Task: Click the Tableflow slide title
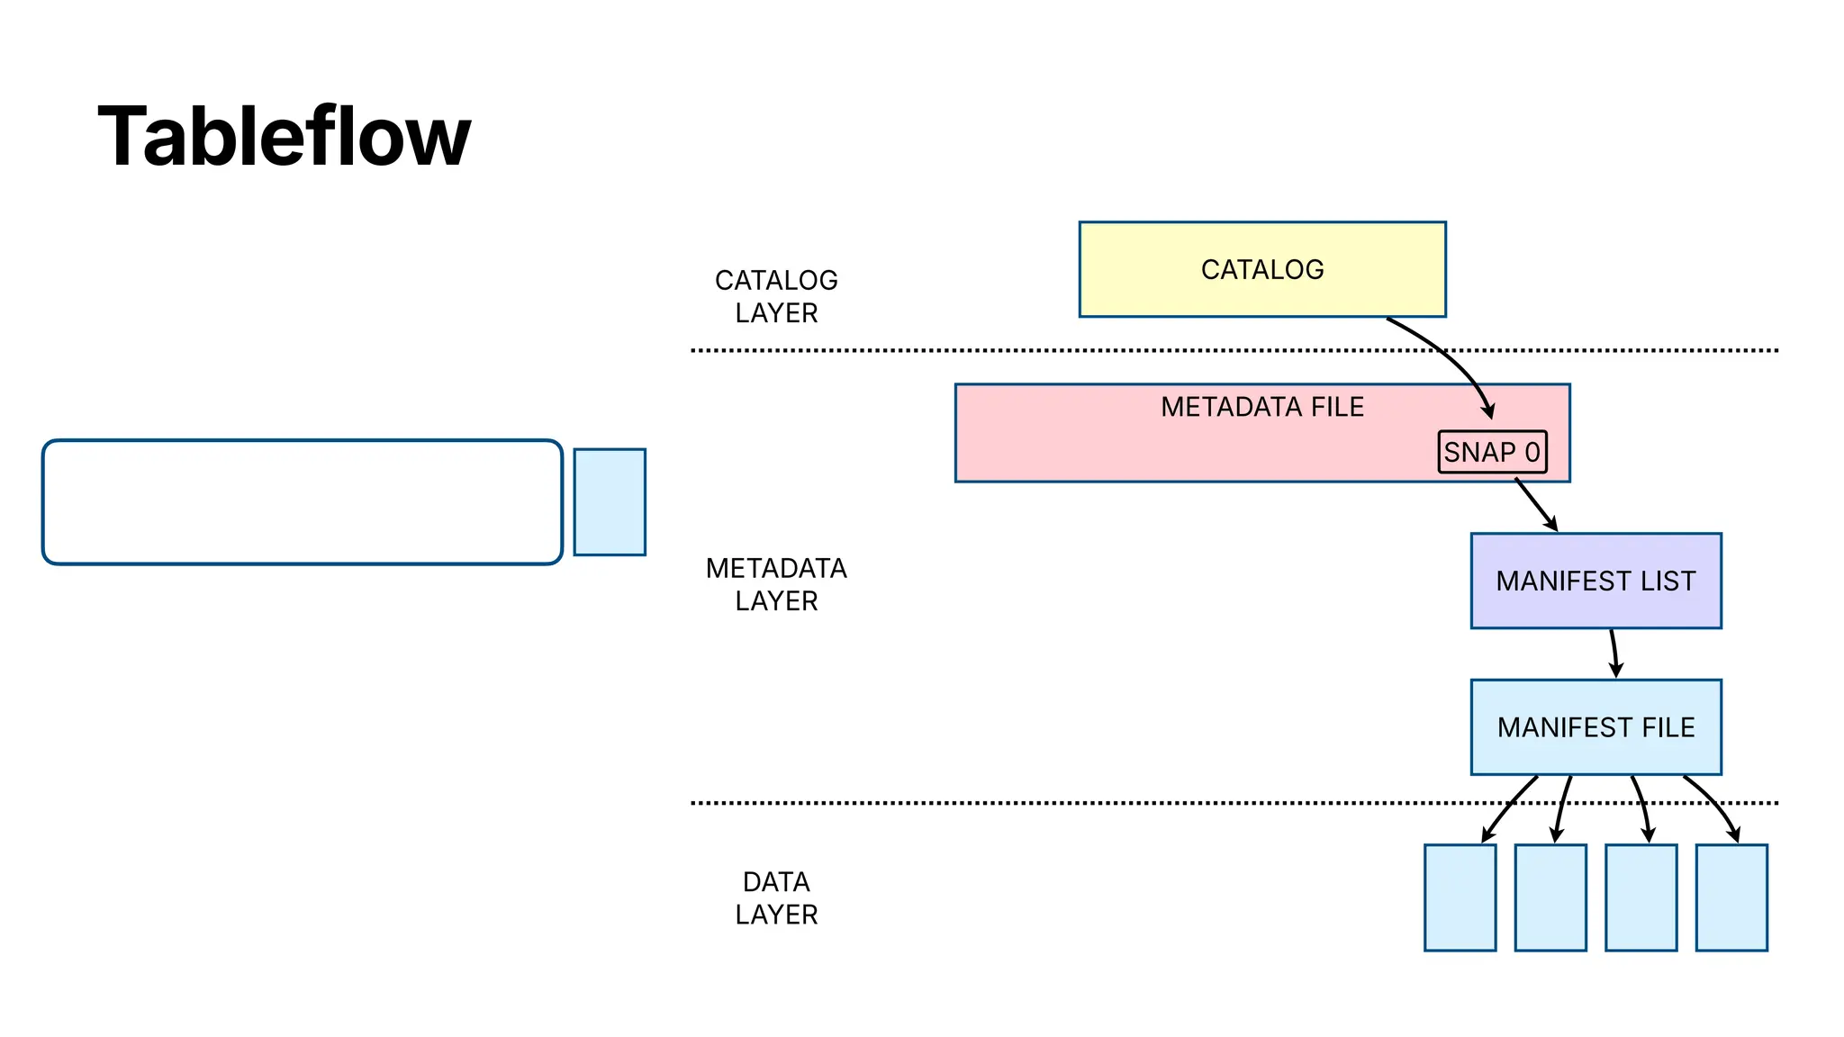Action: tap(284, 137)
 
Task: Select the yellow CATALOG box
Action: tap(1261, 269)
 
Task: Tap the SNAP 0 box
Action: tap(1492, 452)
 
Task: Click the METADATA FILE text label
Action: tap(1261, 407)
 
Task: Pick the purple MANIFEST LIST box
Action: tap(1595, 581)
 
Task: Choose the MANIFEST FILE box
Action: tap(1595, 727)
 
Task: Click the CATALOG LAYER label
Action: tap(776, 296)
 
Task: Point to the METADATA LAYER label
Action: tap(776, 584)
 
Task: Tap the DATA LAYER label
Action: tap(776, 897)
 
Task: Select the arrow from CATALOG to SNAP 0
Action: tap(1451, 356)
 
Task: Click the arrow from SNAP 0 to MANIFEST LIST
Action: tap(1536, 505)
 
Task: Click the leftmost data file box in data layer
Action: tap(1460, 897)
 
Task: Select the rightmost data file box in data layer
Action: tap(1731, 897)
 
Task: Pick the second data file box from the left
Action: tap(1550, 897)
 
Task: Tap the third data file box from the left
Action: tap(1641, 897)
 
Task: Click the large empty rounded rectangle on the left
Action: tap(303, 502)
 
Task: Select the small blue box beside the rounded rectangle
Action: tap(610, 502)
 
